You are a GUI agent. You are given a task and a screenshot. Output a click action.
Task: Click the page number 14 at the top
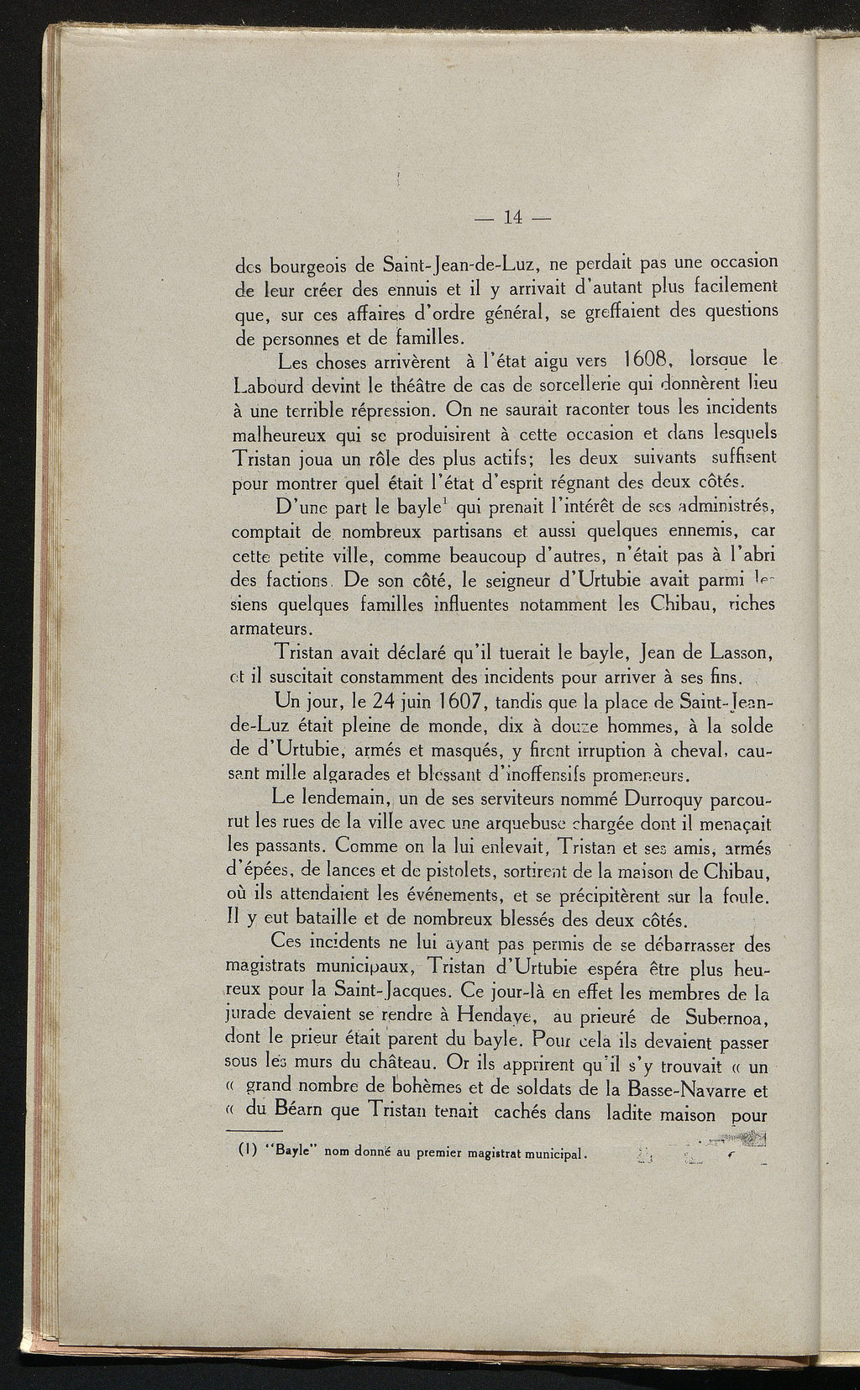(x=511, y=217)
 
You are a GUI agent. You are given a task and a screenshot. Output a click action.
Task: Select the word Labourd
(x=272, y=386)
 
